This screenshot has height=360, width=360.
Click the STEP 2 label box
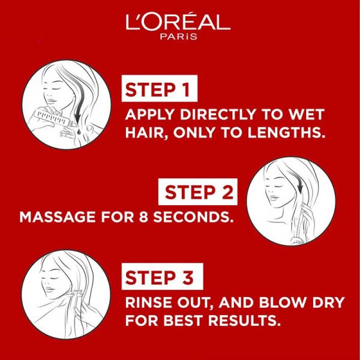[199, 193]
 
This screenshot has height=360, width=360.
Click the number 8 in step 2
[142, 216]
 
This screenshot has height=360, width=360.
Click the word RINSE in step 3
[145, 302]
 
